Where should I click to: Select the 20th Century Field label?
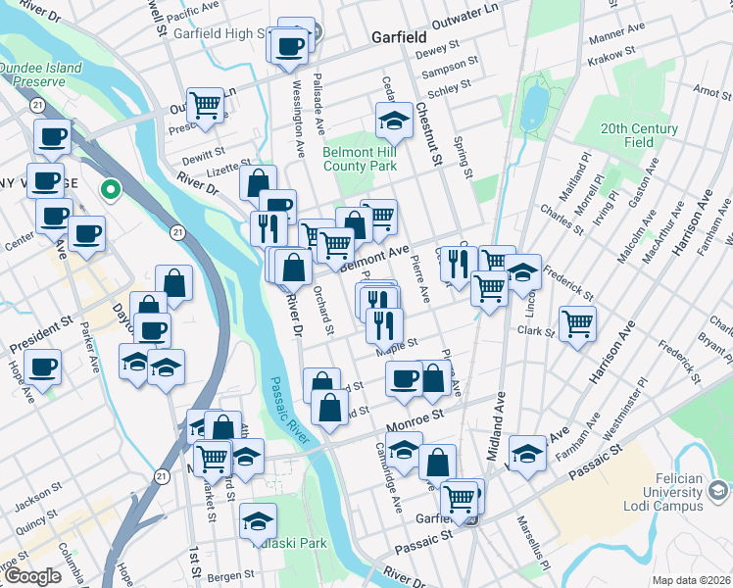coord(640,135)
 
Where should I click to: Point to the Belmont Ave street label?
coord(373,258)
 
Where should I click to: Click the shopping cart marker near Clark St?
coord(578,321)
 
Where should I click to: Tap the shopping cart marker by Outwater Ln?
coord(206,103)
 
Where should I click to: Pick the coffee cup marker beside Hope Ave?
coord(41,367)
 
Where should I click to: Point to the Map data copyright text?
coord(690,580)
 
